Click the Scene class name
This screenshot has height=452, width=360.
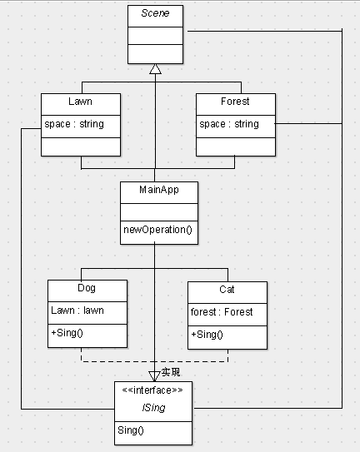(155, 13)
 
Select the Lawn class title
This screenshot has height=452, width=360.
(80, 102)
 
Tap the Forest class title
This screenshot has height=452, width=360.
(235, 102)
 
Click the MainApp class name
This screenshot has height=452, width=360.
(159, 190)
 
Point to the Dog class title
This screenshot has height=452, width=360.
(87, 288)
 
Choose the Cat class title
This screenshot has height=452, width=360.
(227, 290)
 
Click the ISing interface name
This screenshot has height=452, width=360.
(153, 408)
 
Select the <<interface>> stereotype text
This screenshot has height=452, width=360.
(152, 390)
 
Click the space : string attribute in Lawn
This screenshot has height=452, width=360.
(74, 124)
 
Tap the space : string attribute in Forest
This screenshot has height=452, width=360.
(229, 124)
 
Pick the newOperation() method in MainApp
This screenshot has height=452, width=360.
(157, 230)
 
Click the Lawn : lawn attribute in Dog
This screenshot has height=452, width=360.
(77, 310)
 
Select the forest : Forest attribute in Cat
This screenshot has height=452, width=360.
(222, 312)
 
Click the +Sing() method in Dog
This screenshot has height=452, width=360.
(67, 333)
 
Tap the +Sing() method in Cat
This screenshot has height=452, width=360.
(207, 335)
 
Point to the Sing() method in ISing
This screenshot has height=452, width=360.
(131, 430)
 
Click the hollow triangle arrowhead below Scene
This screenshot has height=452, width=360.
(155, 69)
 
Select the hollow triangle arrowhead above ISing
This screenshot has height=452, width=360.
(154, 376)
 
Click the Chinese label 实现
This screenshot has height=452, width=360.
(171, 372)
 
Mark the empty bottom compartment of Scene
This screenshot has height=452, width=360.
(155, 54)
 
